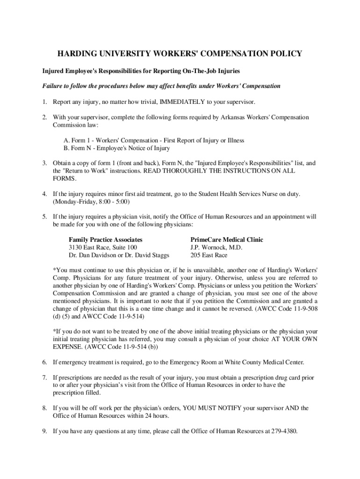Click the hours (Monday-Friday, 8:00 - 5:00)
click(x=91, y=202)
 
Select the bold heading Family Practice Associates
click(x=106, y=239)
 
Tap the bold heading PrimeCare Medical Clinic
click(x=227, y=239)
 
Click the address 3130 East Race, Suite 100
click(x=103, y=247)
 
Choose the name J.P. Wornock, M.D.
click(x=216, y=247)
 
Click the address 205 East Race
click(x=209, y=255)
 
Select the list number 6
click(x=44, y=362)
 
